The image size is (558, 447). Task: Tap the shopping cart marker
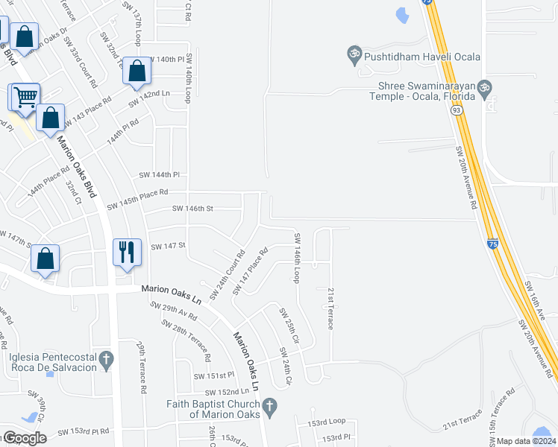25,98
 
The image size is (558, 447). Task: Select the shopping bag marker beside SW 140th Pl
137,72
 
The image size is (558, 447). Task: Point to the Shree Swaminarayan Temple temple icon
485,88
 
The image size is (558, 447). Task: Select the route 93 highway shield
454,110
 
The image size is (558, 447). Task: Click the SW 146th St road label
192,209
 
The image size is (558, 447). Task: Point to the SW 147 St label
168,246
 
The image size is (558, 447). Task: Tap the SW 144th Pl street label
160,175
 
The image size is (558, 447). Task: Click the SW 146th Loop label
297,258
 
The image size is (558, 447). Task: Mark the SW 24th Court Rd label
227,275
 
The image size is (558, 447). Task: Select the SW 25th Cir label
289,325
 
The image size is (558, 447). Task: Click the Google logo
25,438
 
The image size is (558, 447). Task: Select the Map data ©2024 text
527,441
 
